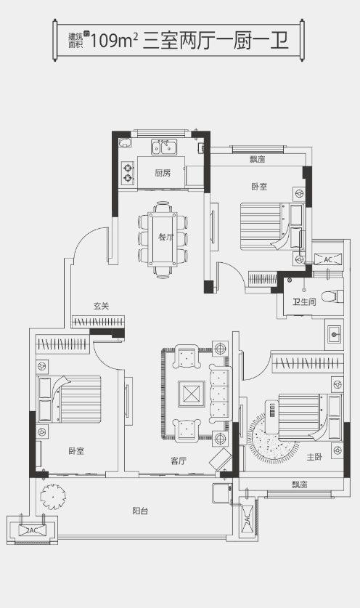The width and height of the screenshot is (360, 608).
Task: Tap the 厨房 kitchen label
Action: click(x=163, y=173)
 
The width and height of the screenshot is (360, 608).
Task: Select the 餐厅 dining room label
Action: click(x=166, y=237)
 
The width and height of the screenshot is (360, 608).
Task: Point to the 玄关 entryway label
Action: click(x=101, y=306)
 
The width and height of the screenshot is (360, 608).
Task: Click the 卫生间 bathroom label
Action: click(x=304, y=301)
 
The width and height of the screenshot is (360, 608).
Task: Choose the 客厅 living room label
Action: click(x=179, y=461)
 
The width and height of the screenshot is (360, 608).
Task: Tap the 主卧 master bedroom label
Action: click(x=314, y=457)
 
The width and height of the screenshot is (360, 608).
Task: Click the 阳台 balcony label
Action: click(x=140, y=511)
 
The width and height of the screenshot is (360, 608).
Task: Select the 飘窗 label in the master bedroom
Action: click(x=300, y=485)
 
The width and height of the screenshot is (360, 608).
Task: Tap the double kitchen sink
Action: click(x=164, y=147)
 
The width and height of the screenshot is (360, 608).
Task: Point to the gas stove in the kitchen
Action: click(x=128, y=173)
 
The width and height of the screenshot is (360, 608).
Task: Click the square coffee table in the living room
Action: click(x=191, y=394)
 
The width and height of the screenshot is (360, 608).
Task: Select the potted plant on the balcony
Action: click(x=53, y=495)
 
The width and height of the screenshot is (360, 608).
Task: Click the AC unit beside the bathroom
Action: click(x=328, y=259)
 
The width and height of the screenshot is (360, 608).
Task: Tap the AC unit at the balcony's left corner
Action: click(x=33, y=530)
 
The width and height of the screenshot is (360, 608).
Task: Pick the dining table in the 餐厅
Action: click(x=163, y=239)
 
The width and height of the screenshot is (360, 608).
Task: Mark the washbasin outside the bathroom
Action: click(x=334, y=333)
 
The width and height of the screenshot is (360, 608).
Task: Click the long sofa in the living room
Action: click(x=220, y=394)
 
